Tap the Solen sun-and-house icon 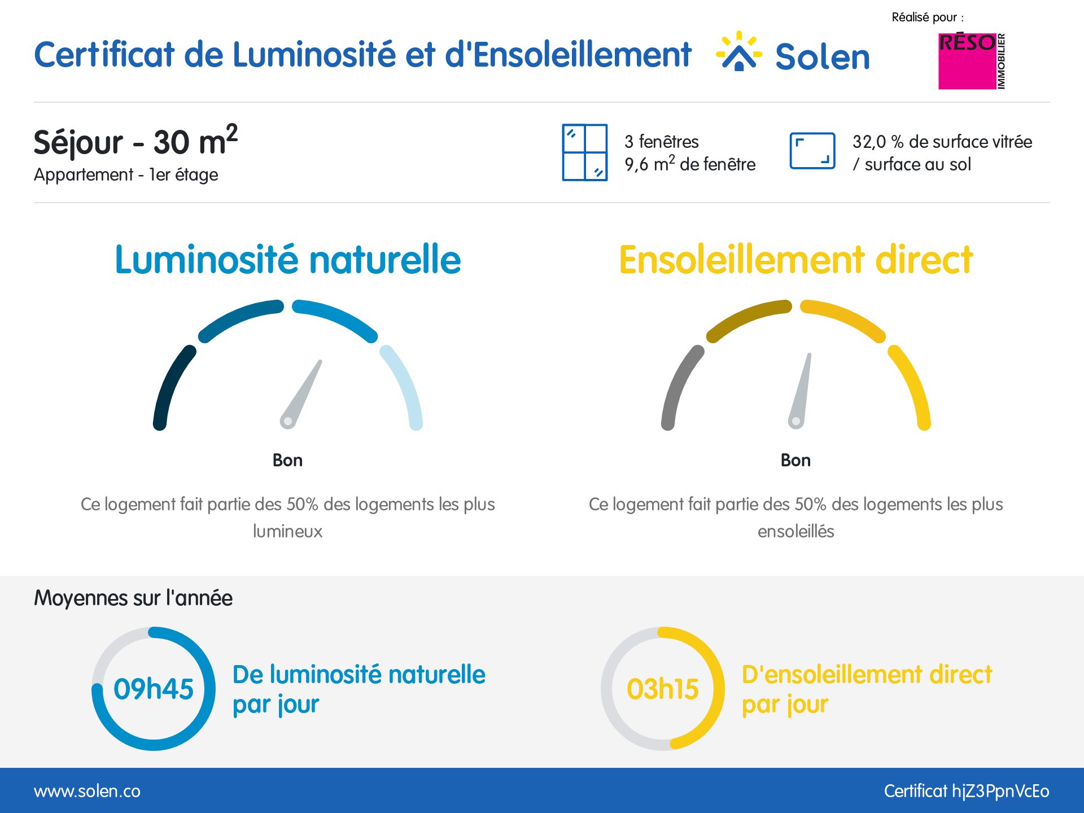738,52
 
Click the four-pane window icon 585,152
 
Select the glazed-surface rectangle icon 812,151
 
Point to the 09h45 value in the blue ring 153,689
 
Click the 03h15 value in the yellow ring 662,689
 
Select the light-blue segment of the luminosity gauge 404,384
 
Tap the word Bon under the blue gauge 287,460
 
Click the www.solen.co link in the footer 87,791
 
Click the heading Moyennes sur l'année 133,598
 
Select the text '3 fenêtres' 661,142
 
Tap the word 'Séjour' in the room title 78,142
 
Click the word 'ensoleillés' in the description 795,531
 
